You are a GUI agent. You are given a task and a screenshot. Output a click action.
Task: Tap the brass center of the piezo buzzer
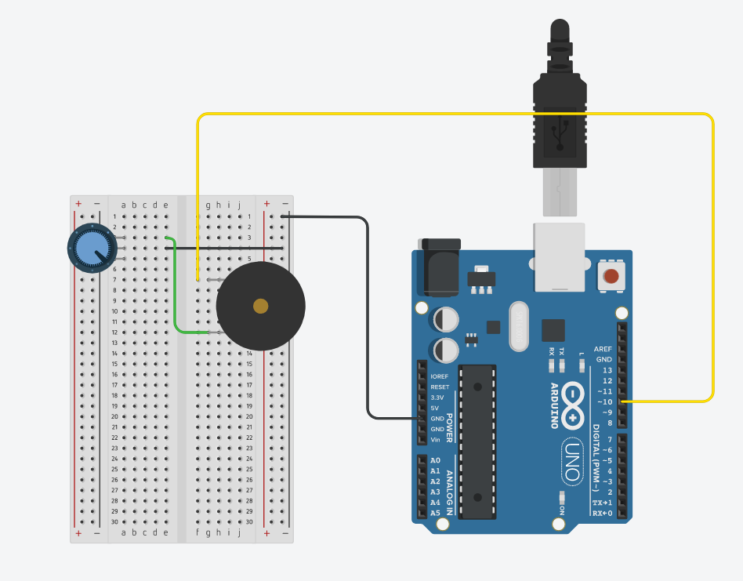tap(260, 307)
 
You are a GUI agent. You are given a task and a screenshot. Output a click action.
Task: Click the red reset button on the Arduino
tap(611, 275)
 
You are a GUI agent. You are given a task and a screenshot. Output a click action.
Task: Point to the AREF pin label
tap(603, 349)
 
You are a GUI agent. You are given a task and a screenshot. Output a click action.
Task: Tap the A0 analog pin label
tap(435, 460)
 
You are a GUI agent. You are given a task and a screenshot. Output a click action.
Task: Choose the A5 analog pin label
tap(435, 514)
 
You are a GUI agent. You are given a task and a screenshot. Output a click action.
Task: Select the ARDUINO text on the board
tap(553, 405)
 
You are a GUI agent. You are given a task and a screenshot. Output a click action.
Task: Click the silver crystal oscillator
tap(520, 325)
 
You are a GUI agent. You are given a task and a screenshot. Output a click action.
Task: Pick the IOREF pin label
tap(440, 376)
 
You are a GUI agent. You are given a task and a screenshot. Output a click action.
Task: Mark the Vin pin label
tap(436, 440)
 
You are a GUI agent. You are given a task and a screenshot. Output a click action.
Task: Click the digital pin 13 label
tap(607, 370)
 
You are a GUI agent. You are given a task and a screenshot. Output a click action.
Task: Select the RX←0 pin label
tap(602, 514)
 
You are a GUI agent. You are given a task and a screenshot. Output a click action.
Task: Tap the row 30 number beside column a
tap(114, 521)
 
